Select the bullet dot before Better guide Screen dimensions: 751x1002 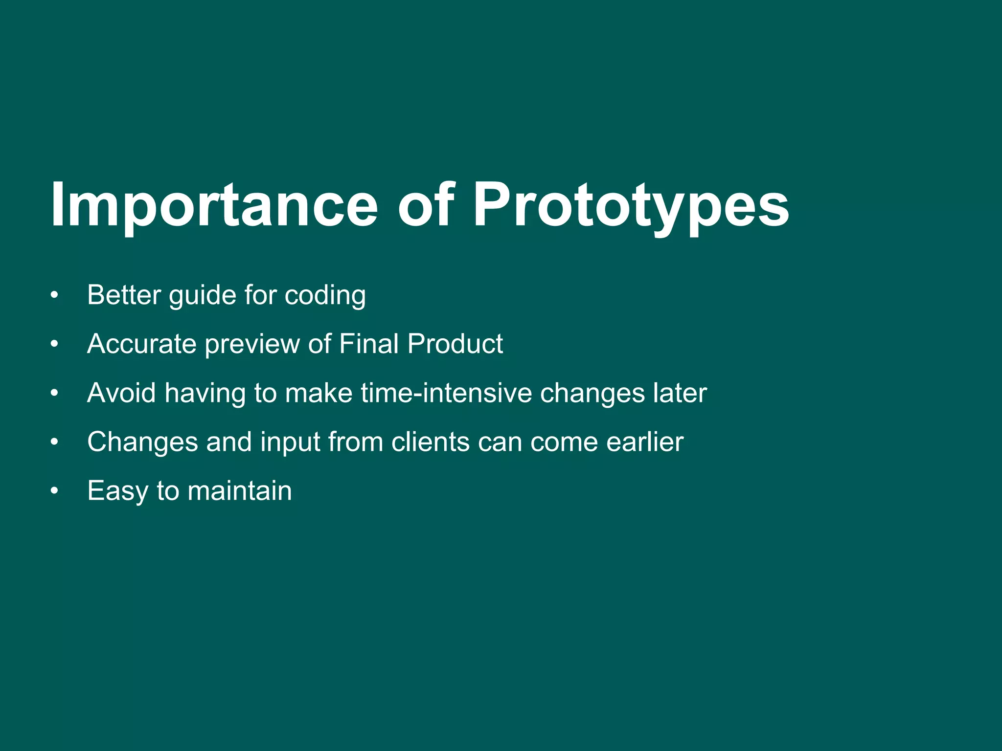tap(54, 295)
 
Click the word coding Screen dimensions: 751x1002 tap(325, 295)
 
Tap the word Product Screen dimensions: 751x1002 tap(455, 344)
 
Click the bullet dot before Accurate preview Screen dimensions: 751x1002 tap(54, 344)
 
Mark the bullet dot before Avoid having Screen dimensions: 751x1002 tap(54, 393)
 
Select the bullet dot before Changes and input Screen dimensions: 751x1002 tap(54, 442)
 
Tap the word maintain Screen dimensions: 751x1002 tap(240, 491)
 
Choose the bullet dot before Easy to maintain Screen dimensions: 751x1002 tap(54, 491)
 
